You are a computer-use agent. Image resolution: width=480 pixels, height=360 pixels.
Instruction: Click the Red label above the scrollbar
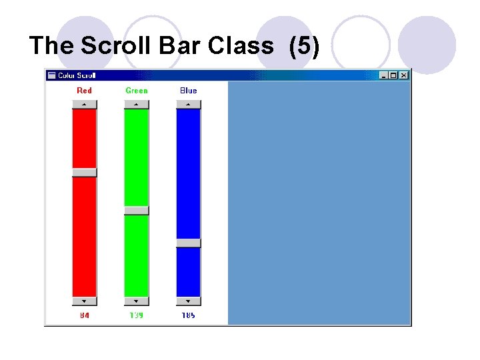point(85,91)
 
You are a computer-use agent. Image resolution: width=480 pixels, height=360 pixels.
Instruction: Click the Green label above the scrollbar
point(137,91)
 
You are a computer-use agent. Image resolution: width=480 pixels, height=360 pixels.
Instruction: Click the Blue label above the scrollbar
point(189,91)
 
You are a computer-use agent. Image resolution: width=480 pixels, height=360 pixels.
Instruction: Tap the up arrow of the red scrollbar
point(85,104)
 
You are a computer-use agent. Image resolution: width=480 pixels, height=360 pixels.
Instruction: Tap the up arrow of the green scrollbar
point(137,104)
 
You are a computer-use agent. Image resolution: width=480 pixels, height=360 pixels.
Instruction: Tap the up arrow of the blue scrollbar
point(189,104)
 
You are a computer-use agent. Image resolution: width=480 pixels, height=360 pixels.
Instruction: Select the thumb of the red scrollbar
point(85,172)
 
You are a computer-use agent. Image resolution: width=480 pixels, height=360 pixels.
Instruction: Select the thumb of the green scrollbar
point(137,210)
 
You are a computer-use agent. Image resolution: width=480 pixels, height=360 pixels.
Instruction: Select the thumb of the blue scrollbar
point(189,243)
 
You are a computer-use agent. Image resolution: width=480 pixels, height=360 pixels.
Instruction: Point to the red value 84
point(85,315)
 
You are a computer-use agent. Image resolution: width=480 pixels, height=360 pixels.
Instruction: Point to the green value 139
point(137,315)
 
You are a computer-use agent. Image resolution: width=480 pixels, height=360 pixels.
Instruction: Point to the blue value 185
point(189,315)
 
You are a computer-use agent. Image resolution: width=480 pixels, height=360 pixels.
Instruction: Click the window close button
point(403,75)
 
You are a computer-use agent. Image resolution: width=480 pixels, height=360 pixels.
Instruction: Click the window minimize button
point(383,75)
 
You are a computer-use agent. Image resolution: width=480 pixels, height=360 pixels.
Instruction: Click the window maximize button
point(393,75)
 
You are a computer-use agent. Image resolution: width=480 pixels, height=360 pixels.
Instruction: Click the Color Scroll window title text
point(77,75)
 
